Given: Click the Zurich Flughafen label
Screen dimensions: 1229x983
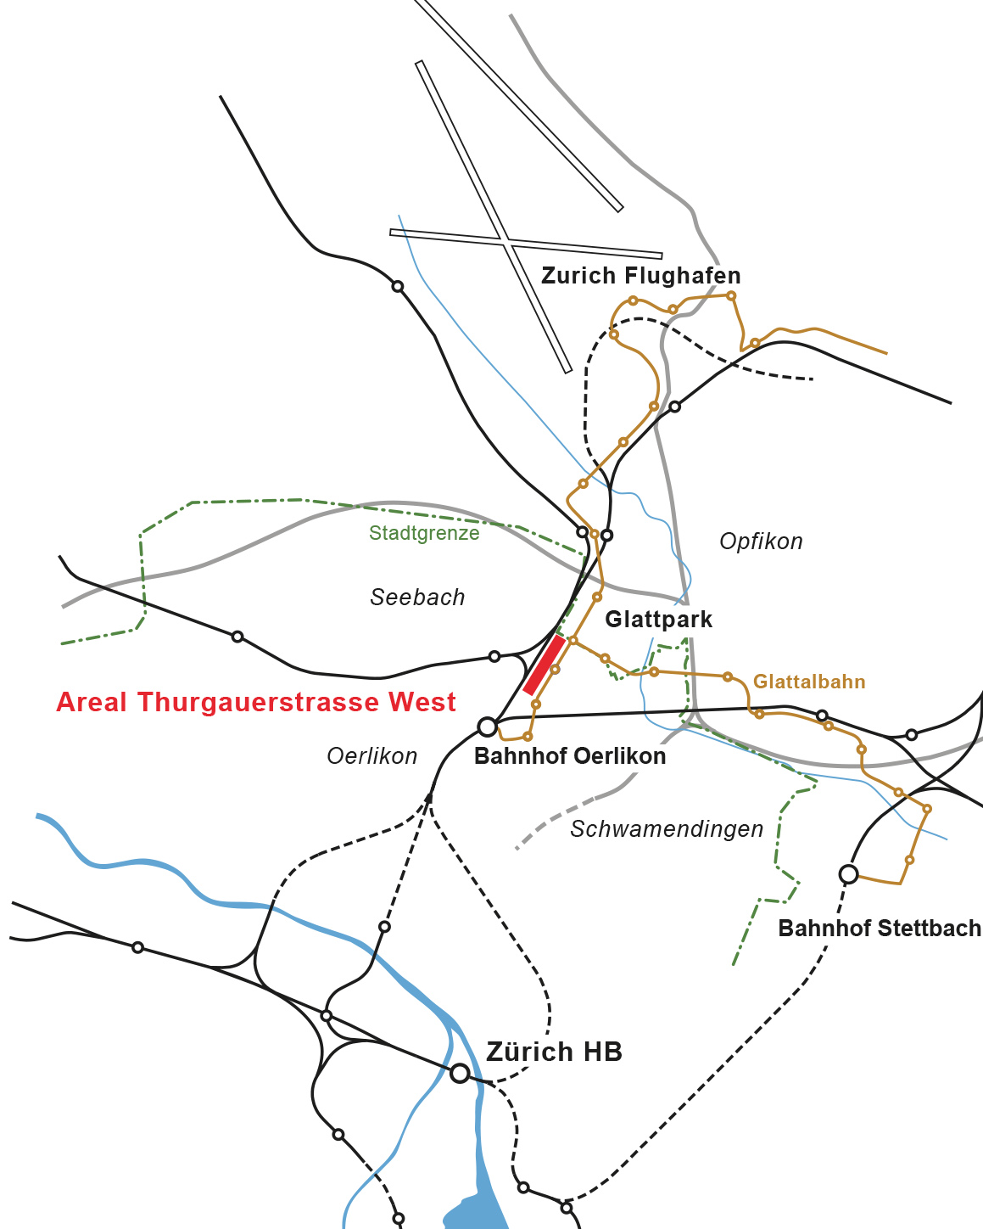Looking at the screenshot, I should (640, 276).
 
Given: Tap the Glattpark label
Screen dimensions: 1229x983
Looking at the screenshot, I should (658, 620).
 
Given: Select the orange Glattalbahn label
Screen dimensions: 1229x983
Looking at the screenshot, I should (809, 682).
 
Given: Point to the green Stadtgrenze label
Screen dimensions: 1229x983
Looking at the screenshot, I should (424, 533).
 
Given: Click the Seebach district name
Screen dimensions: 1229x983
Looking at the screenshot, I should (417, 598).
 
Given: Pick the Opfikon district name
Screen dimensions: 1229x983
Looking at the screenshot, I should (761, 542).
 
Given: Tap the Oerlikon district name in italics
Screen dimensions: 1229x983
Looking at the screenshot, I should (372, 756).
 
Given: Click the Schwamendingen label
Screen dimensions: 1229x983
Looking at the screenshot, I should (667, 829).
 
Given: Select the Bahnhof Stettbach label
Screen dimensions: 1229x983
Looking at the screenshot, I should (880, 929).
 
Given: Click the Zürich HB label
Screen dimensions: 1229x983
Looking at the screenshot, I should (554, 1052).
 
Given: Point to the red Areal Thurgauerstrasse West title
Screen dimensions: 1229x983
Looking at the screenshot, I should (256, 703).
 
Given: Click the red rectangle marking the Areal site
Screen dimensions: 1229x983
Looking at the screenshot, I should (545, 665).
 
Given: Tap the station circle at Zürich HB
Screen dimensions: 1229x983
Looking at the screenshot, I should (460, 1073).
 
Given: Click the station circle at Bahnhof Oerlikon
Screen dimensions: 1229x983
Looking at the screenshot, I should (487, 727).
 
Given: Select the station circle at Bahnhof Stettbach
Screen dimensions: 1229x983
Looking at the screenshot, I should (848, 873).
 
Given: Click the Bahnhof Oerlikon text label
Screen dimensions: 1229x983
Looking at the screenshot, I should (570, 756).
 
